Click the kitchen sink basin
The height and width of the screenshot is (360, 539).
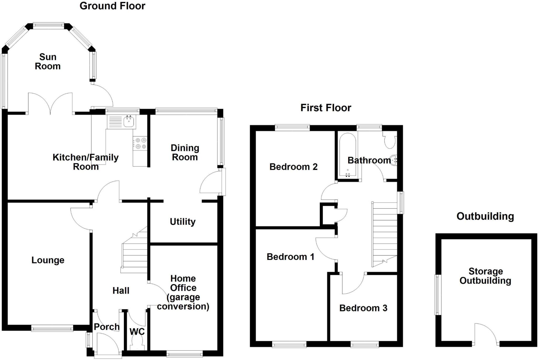tap(129, 122)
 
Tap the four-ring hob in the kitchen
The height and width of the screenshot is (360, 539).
tap(140, 143)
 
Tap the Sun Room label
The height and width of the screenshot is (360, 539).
tap(48, 62)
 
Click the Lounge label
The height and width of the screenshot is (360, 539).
tap(48, 260)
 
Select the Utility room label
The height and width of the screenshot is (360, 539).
tap(183, 222)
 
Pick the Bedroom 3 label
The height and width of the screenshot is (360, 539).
tap(363, 308)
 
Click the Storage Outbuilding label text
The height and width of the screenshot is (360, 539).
tap(485, 276)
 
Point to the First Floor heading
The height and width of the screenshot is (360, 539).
tap(326, 108)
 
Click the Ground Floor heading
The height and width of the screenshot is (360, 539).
tap(112, 6)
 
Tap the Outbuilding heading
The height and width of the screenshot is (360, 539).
tap(485, 216)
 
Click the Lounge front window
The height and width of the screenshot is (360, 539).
tap(52, 328)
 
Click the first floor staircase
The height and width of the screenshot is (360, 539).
tap(384, 234)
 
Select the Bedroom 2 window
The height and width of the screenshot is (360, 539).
tap(292, 128)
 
